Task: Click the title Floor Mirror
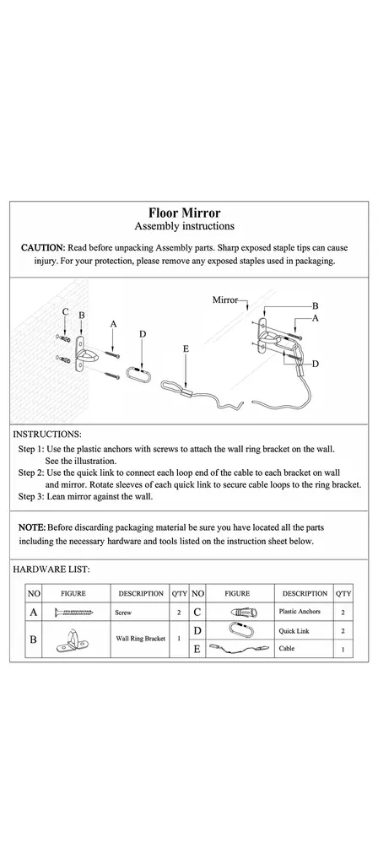pos(184,213)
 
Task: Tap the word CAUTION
pos(43,248)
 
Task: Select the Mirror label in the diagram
pos(224,300)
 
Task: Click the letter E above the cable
pos(186,348)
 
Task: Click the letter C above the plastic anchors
pos(66,312)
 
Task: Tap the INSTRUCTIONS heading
pos(47,435)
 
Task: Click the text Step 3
pos(31,496)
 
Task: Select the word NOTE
pos(32,527)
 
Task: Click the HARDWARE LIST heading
pos(51,570)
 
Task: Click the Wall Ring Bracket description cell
pos(141,639)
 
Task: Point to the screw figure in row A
pos(74,613)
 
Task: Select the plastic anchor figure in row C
pos(237,613)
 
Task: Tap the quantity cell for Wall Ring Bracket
pos(179,639)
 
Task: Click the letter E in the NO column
pos(197,649)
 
